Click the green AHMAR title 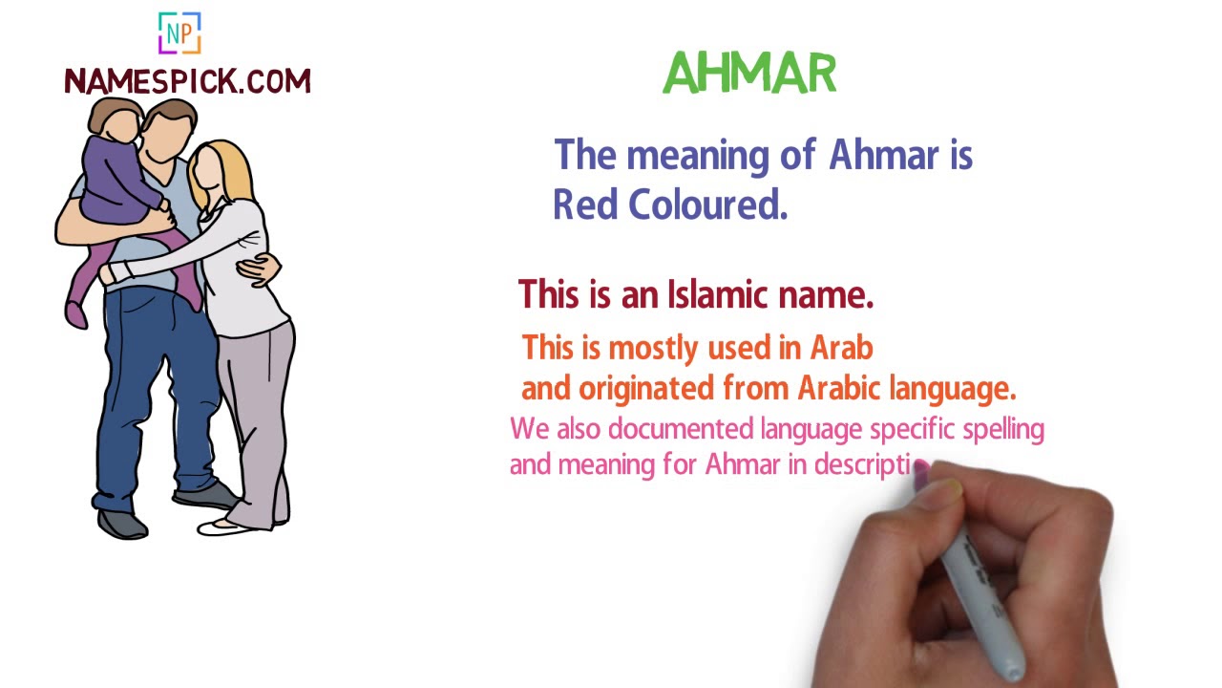click(749, 74)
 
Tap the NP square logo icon click(179, 33)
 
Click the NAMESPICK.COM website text click(187, 82)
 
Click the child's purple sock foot click(75, 312)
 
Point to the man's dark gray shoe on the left click(122, 523)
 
